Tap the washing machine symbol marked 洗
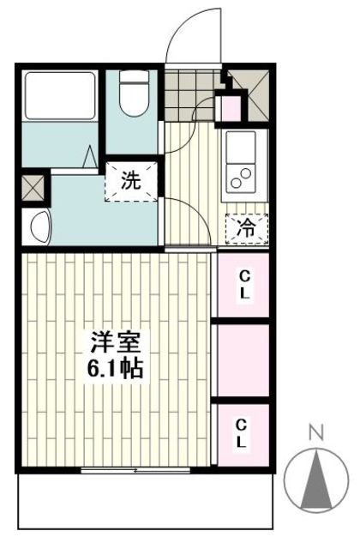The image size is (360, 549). [131, 180]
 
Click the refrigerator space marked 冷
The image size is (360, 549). [246, 229]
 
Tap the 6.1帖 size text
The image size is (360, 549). [115, 370]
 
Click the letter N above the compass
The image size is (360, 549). [315, 433]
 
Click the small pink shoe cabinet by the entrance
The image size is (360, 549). [231, 109]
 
